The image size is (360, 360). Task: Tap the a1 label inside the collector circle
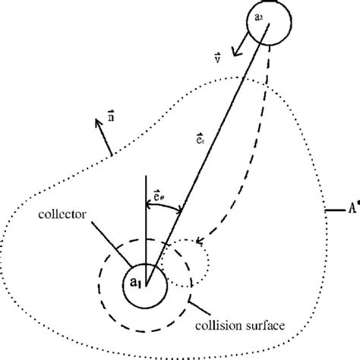coord(136,283)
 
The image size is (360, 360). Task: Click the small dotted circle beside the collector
coord(181,263)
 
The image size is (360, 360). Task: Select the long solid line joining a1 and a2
coord(205,152)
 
